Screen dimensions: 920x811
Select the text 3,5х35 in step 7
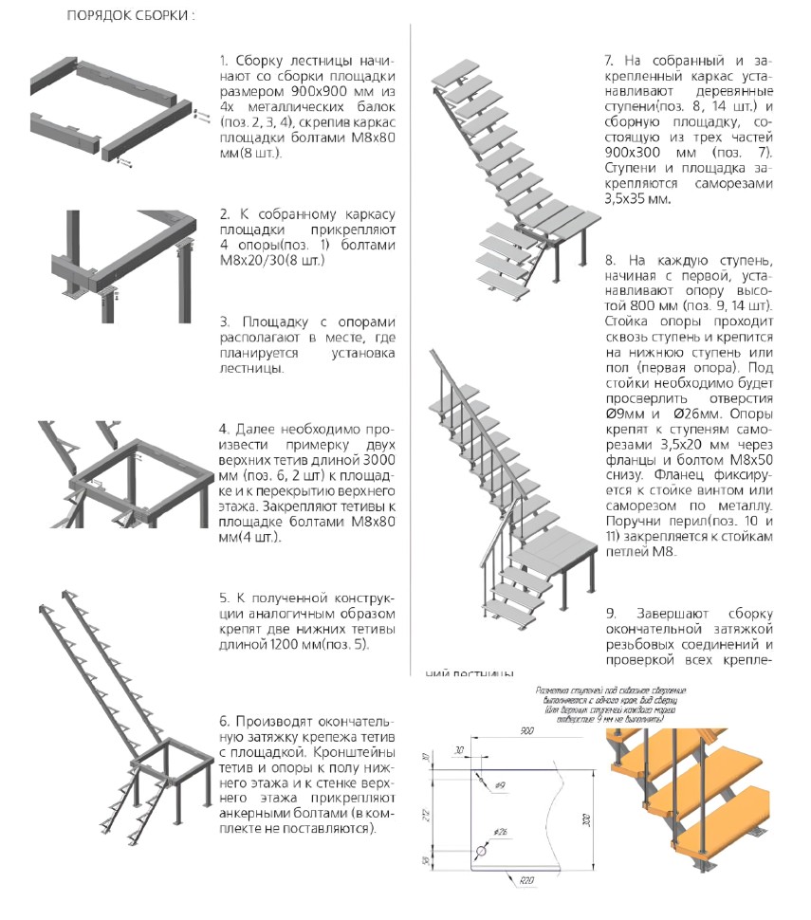coord(629,199)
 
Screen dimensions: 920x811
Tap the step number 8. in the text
coord(609,261)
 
